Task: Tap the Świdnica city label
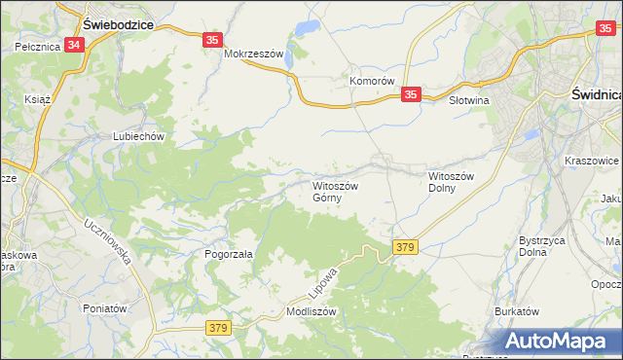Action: click(x=593, y=93)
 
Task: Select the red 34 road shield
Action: click(x=76, y=45)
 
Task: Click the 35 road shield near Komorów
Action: click(x=411, y=94)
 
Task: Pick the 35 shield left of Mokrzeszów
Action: click(x=214, y=40)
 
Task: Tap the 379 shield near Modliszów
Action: click(x=218, y=329)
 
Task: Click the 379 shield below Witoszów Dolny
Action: click(x=406, y=248)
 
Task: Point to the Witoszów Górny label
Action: click(x=335, y=191)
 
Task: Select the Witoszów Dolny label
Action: click(x=451, y=184)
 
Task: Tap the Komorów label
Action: click(x=372, y=82)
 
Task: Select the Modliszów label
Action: click(x=311, y=312)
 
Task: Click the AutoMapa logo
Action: click(x=559, y=341)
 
